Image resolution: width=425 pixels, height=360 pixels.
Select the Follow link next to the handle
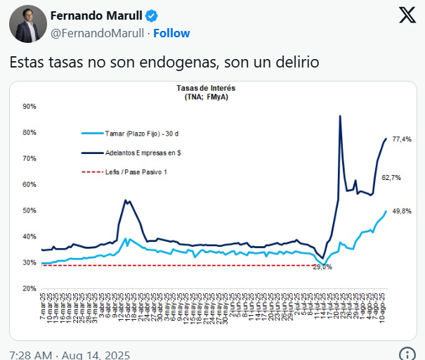[x=171, y=33]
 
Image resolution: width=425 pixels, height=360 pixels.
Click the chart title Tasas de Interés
[x=207, y=89]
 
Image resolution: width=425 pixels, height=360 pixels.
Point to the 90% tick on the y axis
[x=30, y=106]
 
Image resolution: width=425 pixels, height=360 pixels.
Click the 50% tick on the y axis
[x=30, y=210]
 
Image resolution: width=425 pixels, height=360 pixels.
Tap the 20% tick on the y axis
[x=30, y=288]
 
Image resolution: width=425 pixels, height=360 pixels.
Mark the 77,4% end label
[x=402, y=139]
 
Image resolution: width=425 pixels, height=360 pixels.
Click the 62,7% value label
[x=391, y=178]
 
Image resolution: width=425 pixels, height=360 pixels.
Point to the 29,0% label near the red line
[x=322, y=267]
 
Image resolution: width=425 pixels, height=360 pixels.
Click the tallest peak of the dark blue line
[x=340, y=116]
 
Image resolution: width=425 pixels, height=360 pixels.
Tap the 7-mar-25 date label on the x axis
[x=44, y=309]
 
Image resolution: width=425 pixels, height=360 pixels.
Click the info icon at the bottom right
[x=405, y=354]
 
